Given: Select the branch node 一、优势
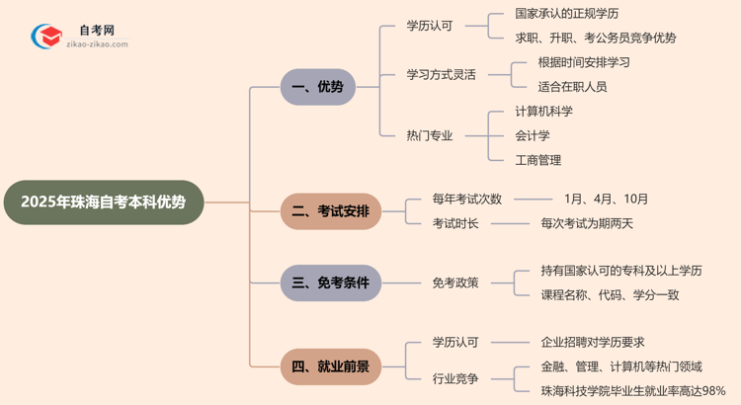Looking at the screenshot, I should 317,87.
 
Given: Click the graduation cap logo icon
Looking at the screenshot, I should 46,37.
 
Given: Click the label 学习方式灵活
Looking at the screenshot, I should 441,74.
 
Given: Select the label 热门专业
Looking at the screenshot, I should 429,135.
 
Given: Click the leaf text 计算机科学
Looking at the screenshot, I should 543,111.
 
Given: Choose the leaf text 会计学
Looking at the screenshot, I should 533,135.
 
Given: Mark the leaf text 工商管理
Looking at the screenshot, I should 537,160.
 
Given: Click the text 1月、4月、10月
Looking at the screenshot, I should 606,199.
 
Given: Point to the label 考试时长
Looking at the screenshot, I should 455,223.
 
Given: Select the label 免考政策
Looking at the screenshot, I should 455,283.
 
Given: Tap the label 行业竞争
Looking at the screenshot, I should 455,378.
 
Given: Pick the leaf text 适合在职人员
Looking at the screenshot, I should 572,87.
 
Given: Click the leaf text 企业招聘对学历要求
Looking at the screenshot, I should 593,342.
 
